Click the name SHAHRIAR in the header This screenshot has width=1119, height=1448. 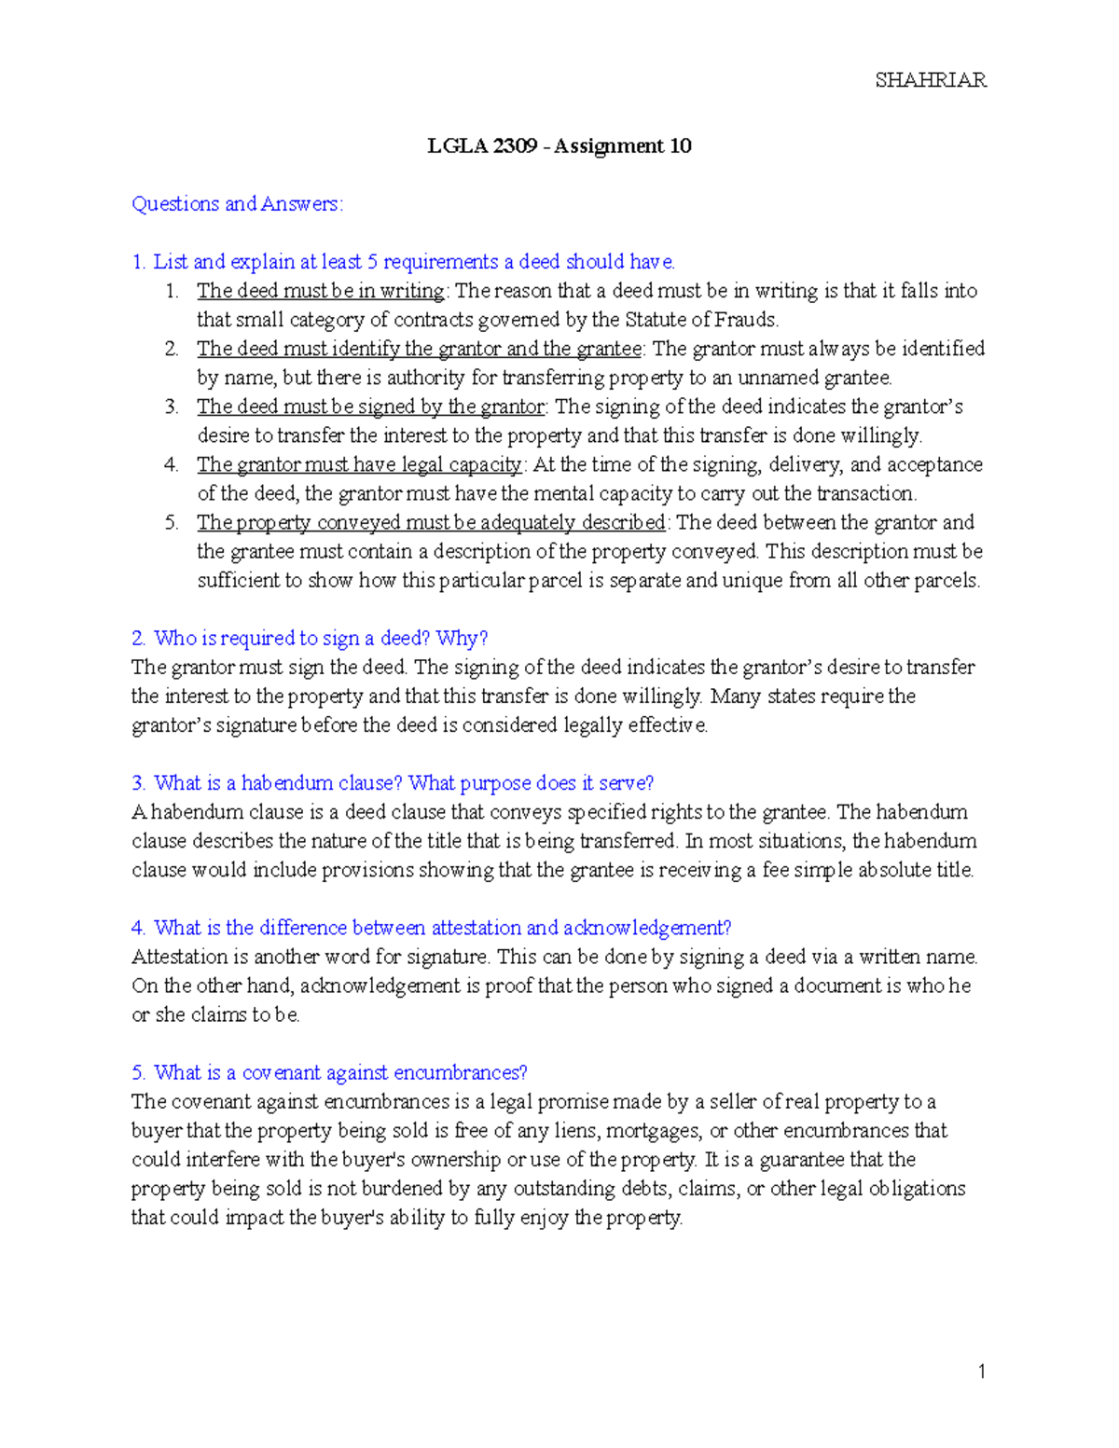(930, 80)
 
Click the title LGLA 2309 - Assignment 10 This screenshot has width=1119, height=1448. (559, 146)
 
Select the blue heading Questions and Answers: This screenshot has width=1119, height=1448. (237, 204)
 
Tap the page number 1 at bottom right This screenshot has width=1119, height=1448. (981, 1371)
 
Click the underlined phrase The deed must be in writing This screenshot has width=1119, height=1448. (320, 291)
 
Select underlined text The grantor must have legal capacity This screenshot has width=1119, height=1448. (359, 464)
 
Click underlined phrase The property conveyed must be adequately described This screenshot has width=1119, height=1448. (431, 522)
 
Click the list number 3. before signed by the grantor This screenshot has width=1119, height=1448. (172, 407)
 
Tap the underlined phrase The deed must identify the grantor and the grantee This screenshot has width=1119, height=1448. (419, 349)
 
